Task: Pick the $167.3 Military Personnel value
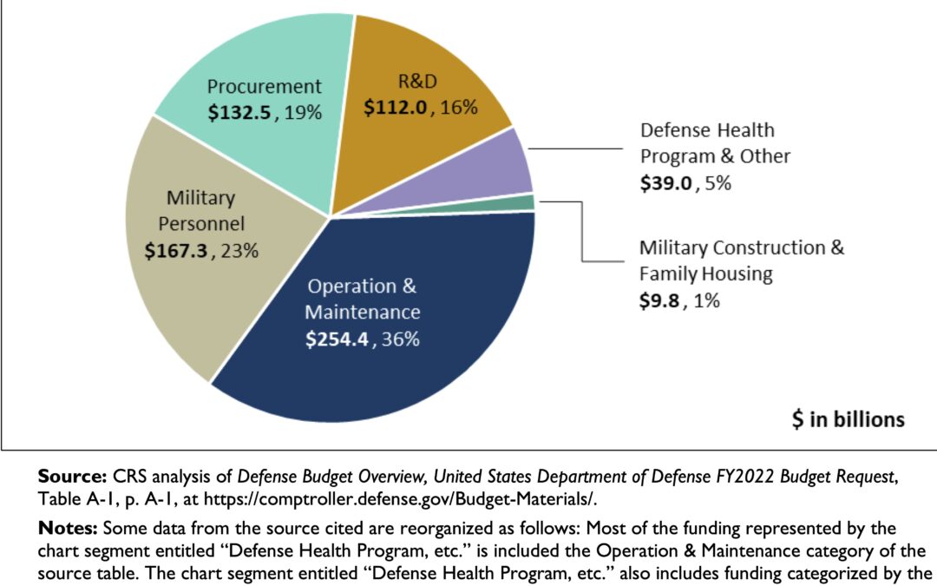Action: click(x=179, y=250)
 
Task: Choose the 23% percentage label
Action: click(x=239, y=250)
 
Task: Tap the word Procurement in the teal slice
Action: click(x=265, y=87)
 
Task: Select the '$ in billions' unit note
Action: click(x=848, y=420)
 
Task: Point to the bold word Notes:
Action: click(x=69, y=529)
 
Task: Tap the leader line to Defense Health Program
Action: click(x=573, y=149)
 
